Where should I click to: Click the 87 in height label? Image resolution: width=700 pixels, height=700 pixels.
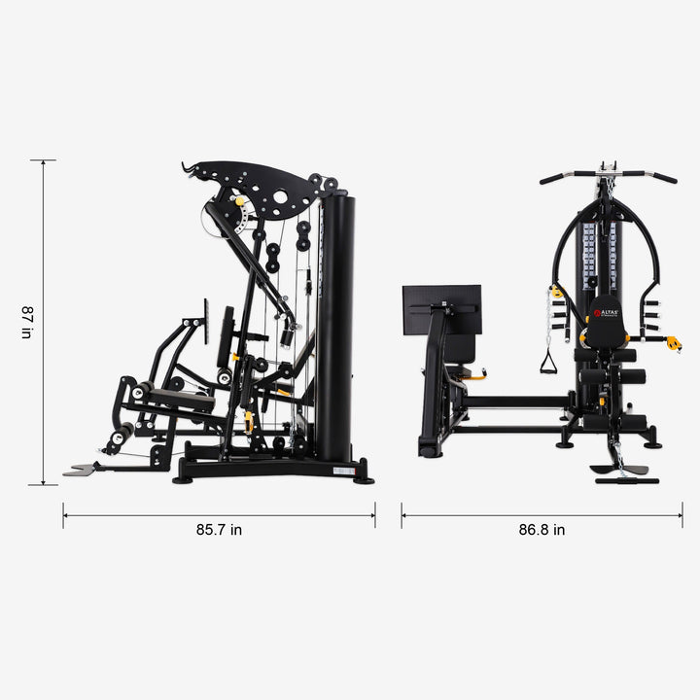[27, 322]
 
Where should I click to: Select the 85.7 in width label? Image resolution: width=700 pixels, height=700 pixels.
[219, 530]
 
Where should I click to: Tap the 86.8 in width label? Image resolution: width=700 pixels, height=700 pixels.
[542, 530]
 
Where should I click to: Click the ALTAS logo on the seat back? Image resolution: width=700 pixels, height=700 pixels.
[606, 314]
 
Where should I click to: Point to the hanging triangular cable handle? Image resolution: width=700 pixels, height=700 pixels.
[547, 362]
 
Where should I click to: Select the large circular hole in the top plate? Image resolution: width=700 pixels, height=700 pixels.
[281, 197]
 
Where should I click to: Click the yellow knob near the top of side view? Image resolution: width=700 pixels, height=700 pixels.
[240, 201]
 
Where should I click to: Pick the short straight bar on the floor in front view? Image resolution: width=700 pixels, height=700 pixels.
[626, 480]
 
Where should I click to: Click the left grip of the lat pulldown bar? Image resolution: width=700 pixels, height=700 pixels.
[552, 178]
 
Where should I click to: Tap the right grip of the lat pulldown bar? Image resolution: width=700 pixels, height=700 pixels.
[665, 178]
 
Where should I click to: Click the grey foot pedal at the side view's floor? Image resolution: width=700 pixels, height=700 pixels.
[81, 471]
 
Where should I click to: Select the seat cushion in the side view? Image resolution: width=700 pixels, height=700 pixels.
[182, 397]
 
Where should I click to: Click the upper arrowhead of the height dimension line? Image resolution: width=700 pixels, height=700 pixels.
[44, 163]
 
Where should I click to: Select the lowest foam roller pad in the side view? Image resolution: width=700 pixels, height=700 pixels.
[122, 434]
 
